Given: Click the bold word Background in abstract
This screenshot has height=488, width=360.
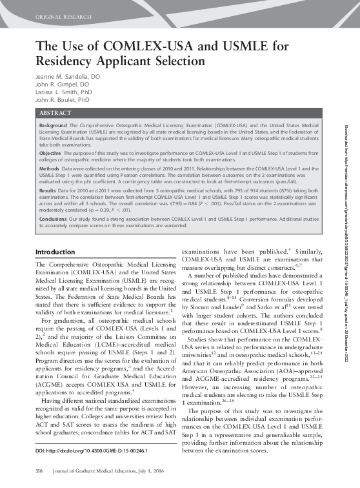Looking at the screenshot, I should pyautogui.click(x=53, y=124).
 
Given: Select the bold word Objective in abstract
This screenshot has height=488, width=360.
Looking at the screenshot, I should pyautogui.click(x=51, y=153).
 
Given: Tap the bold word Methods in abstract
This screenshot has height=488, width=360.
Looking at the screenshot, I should pyautogui.click(x=50, y=167).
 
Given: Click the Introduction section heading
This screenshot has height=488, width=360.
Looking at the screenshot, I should pyautogui.click(x=55, y=252).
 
